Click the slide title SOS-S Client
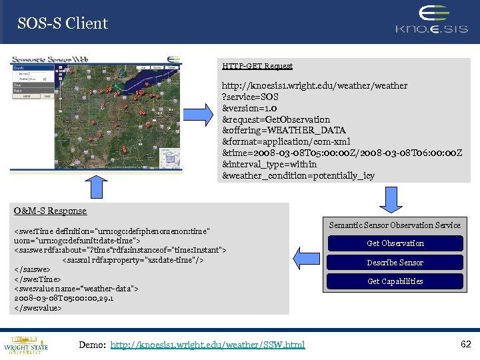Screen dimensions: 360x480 point(63,23)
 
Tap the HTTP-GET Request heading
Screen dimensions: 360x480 point(257,66)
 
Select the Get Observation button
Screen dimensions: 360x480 point(395,243)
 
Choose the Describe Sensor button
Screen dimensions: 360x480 point(395,263)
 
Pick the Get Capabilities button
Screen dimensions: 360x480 point(395,281)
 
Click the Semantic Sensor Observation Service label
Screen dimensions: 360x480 point(395,225)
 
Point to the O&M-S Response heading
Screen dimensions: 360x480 point(51,211)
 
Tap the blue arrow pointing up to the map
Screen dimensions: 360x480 point(97,186)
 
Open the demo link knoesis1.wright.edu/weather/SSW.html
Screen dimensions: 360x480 point(207,345)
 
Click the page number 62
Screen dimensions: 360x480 point(466,344)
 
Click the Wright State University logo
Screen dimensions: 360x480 point(25,343)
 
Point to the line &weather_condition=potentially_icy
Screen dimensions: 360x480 point(298,176)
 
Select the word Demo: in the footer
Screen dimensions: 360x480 point(91,345)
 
